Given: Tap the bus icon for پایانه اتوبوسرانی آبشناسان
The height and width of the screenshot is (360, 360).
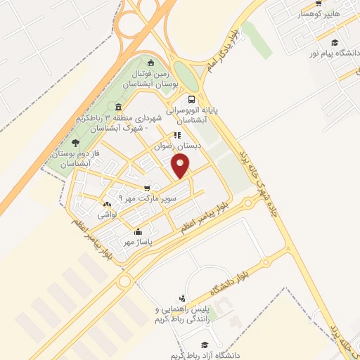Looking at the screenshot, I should tap(192, 99).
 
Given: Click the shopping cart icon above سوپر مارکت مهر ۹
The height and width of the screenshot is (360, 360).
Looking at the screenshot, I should tap(146, 188).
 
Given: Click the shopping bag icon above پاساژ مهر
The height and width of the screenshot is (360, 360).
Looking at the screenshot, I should tap(138, 231).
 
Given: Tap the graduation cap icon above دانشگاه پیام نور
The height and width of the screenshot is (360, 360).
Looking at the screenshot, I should tap(335, 42).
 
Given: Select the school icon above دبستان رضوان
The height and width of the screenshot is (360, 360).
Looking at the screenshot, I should tap(177, 135).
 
